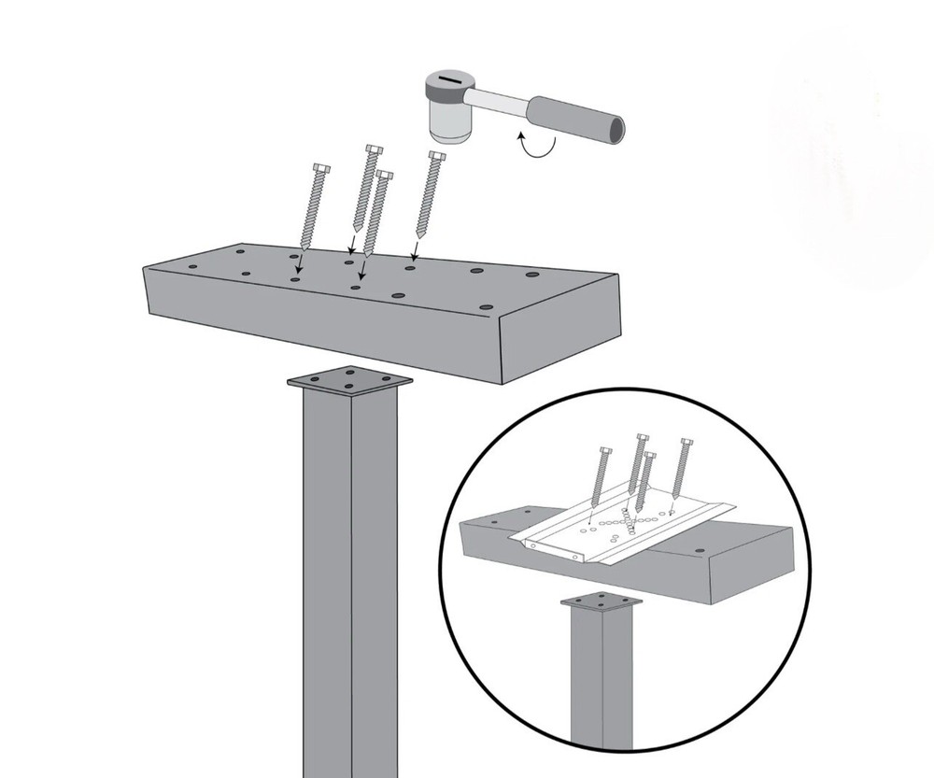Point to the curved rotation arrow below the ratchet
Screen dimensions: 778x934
coord(536,146)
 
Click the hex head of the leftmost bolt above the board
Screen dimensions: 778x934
coord(320,168)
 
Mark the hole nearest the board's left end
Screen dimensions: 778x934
coord(191,266)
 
